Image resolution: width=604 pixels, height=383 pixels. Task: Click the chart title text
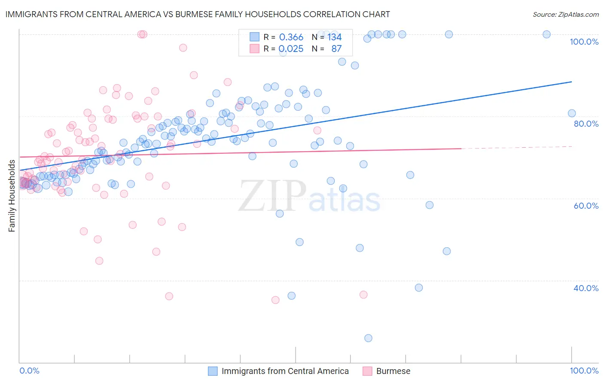(x=198, y=14)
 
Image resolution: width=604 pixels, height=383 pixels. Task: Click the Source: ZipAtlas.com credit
(x=565, y=14)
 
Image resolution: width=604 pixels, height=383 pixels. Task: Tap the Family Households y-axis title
(x=12, y=196)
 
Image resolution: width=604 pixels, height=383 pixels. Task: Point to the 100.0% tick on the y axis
(x=584, y=42)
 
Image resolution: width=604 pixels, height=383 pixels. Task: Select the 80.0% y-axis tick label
(x=586, y=124)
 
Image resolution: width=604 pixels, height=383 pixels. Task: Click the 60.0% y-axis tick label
(x=586, y=206)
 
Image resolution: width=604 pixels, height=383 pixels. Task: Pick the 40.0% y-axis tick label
(x=586, y=288)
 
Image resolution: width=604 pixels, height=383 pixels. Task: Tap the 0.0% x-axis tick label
(x=29, y=371)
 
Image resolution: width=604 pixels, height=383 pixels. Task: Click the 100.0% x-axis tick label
(x=584, y=371)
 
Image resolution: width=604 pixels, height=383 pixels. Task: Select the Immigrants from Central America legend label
(x=285, y=371)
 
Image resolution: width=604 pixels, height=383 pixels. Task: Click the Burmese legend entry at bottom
(x=393, y=371)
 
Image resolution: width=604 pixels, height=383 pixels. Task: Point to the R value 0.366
(x=291, y=37)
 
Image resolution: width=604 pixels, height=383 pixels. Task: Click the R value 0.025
(x=291, y=49)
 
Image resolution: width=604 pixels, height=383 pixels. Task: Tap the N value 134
(x=334, y=37)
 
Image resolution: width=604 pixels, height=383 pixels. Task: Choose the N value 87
(x=336, y=49)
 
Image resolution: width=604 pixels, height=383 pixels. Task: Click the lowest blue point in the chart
(x=368, y=338)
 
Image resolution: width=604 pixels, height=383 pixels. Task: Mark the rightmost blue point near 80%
(x=572, y=113)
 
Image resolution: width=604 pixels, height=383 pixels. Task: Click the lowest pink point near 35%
(x=275, y=300)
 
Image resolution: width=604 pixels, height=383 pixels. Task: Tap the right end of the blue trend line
(x=572, y=82)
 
